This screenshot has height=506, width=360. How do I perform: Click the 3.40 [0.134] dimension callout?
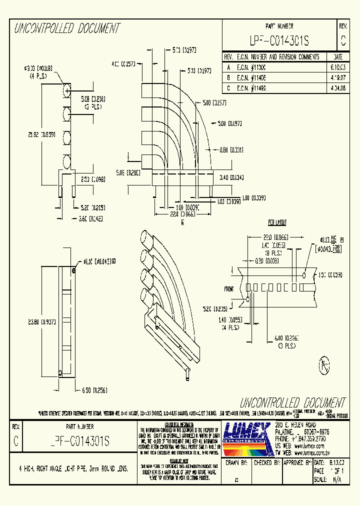pyautogui.click(x=230, y=177)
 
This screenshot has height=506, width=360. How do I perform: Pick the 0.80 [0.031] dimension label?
pyautogui.click(x=231, y=149)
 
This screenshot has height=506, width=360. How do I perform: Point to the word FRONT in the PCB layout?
pyautogui.click(x=229, y=289)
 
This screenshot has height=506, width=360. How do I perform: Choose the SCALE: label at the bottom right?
pyautogui.click(x=320, y=479)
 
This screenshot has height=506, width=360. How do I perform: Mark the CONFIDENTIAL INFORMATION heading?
pyautogui.click(x=179, y=423)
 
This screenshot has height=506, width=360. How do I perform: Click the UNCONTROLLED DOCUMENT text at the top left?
pyautogui.click(x=67, y=28)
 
